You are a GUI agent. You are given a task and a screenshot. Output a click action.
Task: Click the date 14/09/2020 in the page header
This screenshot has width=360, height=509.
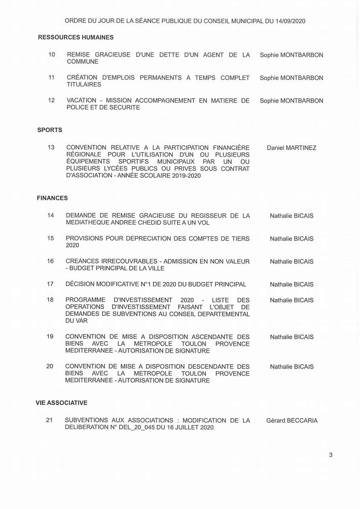pos(290,21)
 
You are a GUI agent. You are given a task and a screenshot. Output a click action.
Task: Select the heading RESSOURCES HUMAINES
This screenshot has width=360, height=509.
pos(76,37)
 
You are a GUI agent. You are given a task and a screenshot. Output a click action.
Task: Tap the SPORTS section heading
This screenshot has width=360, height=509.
pos(50,130)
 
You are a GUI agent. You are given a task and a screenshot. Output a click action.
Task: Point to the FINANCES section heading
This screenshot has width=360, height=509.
pos(52,198)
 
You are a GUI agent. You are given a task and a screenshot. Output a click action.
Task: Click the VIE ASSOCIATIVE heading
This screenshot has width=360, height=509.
pos(61,403)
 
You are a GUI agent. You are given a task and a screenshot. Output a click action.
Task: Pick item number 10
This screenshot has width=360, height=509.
pos(51,55)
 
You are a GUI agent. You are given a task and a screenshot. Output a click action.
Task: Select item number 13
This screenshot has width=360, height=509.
pos(51,147)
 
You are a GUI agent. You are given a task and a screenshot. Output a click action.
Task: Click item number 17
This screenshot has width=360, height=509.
pos(50,284)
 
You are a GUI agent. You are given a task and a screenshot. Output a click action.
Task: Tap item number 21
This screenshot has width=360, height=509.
pos(49,420)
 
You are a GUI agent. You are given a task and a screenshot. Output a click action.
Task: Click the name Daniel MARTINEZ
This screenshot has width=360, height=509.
pos(291,148)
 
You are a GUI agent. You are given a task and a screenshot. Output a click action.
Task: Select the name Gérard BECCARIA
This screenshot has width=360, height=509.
pos(292,420)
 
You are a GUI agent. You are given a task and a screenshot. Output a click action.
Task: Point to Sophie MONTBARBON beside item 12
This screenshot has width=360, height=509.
pos(291,101)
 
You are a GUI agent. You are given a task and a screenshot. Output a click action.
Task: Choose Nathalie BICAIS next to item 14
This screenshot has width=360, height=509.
pos(291,216)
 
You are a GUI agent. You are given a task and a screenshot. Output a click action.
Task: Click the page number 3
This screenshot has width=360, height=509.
pos(331,455)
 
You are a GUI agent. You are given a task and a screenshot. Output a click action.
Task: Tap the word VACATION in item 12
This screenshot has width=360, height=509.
pos(81,101)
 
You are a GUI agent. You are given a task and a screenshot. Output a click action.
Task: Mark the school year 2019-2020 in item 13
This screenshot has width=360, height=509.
pos(186,175)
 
